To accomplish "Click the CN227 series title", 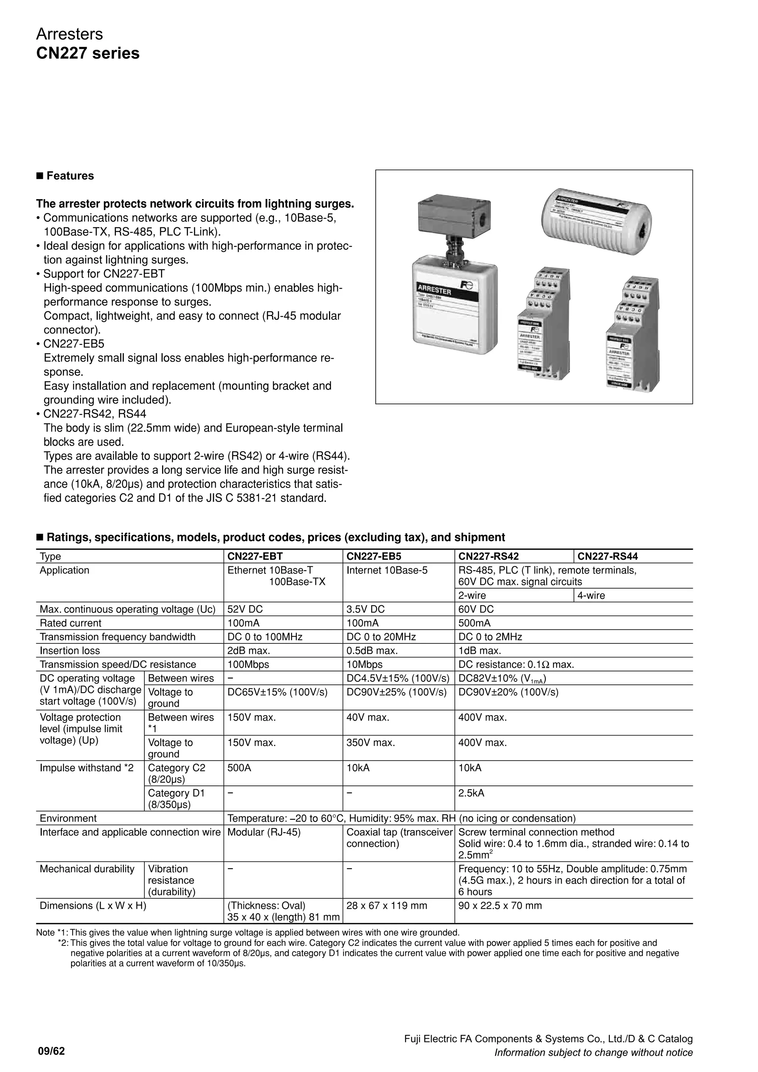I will (x=88, y=53).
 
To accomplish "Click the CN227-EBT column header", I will (x=255, y=556).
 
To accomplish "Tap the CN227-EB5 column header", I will (x=373, y=556).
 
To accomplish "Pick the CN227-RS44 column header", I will (x=607, y=556).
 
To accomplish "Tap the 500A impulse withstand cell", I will (x=239, y=768).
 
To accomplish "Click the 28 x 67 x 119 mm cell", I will (x=386, y=906).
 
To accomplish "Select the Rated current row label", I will (x=70, y=623).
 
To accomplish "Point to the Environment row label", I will (x=68, y=818).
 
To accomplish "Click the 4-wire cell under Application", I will (x=591, y=595).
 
